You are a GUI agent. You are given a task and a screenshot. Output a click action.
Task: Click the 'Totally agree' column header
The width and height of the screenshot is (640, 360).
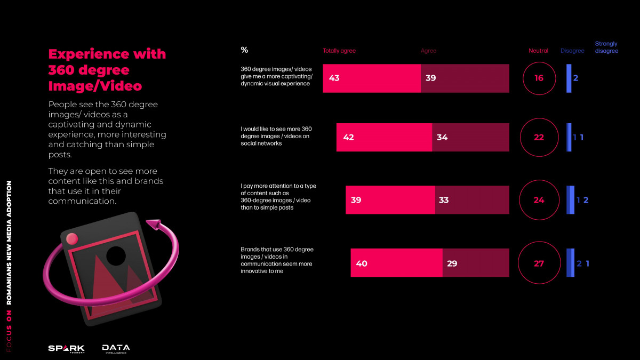tap(339, 51)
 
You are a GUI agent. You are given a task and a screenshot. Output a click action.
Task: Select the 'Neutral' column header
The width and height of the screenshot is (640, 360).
tap(538, 51)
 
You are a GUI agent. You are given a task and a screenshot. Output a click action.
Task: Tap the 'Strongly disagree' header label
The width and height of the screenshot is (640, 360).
tap(606, 47)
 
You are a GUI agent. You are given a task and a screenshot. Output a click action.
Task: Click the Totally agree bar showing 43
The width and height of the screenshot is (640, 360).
tap(372, 78)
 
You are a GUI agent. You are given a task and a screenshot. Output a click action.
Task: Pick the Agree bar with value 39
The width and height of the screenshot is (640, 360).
tap(465, 78)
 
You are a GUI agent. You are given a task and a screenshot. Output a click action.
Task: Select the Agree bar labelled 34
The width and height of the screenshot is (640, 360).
tap(470, 138)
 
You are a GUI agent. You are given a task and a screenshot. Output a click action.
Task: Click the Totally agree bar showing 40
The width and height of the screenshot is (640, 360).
tap(396, 263)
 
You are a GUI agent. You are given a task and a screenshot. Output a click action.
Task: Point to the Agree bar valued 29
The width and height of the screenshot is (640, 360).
tap(476, 263)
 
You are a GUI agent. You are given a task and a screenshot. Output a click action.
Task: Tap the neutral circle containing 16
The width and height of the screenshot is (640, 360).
tap(539, 78)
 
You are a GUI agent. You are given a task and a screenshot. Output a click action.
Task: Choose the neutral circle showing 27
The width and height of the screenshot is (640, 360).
tap(539, 263)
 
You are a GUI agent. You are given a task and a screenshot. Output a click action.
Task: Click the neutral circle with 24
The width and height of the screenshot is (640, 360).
tap(539, 200)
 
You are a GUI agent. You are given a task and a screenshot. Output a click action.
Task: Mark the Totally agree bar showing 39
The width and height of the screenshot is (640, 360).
tap(390, 200)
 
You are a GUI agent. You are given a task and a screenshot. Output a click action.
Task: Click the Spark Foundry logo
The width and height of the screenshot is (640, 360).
tap(66, 349)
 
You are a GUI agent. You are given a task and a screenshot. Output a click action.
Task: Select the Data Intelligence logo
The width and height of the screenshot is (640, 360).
tap(116, 349)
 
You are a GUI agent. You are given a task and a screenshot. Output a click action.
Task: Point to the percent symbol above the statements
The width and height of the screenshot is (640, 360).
tap(244, 50)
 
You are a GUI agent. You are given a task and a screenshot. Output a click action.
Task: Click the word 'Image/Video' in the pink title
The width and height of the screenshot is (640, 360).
tap(95, 86)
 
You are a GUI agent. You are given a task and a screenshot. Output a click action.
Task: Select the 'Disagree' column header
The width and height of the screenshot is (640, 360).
tap(572, 51)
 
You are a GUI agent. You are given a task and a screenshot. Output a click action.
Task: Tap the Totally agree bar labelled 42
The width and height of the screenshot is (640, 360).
tap(384, 138)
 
